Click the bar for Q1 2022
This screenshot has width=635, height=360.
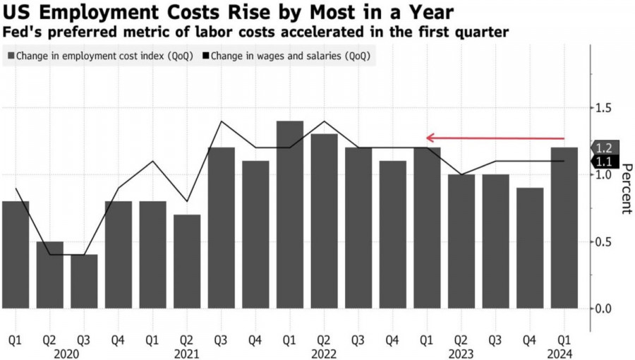pos(290,215)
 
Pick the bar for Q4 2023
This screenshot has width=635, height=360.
pos(530,248)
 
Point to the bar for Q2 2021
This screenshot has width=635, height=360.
pos(187,261)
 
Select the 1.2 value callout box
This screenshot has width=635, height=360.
pos(605,148)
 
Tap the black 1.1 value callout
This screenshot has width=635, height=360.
pos(605,162)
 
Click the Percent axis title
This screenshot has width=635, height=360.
pos(625,188)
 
